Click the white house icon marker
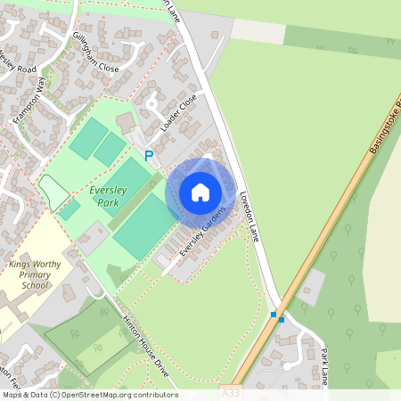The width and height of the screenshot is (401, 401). [x=200, y=192]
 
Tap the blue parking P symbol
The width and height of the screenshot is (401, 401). [x=149, y=155]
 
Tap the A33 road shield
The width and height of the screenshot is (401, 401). [x=231, y=392]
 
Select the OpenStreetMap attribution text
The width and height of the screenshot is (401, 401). [x=89, y=395]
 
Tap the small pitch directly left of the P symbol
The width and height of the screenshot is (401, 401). [x=110, y=149]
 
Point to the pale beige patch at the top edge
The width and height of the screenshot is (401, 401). [x=258, y=32]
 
